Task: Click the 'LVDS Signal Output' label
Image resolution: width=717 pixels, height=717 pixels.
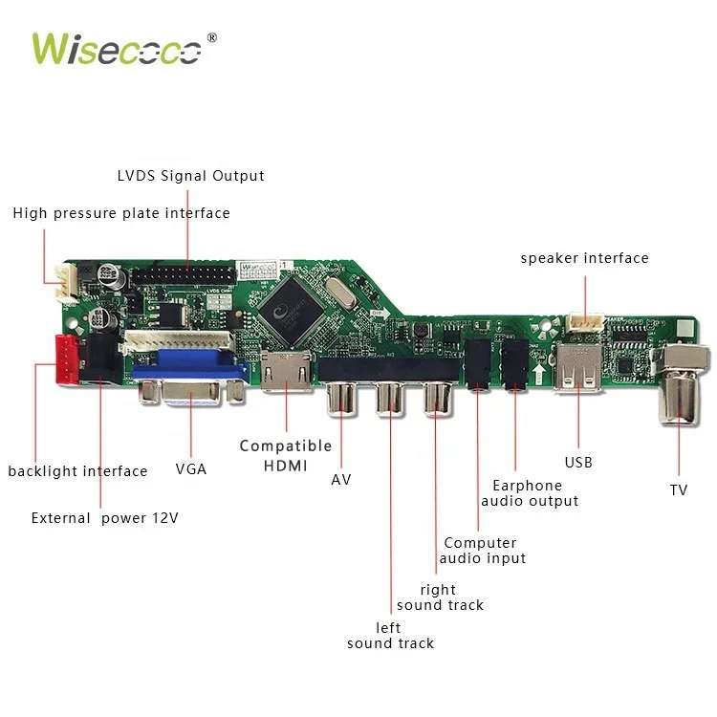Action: pyautogui.click(x=190, y=176)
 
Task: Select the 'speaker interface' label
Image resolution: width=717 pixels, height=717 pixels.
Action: pyautogui.click(x=584, y=258)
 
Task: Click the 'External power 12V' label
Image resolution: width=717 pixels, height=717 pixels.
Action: pyautogui.click(x=104, y=518)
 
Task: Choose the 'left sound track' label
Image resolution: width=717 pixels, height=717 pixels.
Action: pyautogui.click(x=390, y=636)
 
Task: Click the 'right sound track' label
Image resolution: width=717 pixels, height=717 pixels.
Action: pyautogui.click(x=440, y=597)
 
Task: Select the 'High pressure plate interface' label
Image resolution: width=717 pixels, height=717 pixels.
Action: pyautogui.click(x=121, y=213)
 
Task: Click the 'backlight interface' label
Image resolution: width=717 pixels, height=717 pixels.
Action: pyautogui.click(x=77, y=471)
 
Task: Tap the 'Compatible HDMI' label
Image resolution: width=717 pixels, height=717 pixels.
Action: pyautogui.click(x=286, y=455)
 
